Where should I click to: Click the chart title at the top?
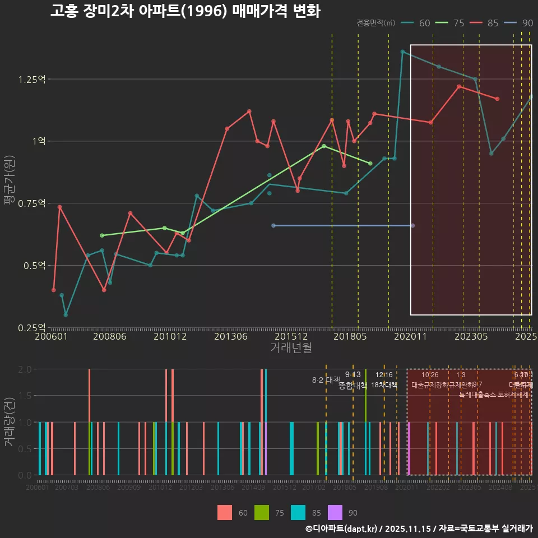click(185, 11)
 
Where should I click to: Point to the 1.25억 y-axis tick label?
click(31, 80)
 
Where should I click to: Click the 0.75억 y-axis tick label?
click(31, 203)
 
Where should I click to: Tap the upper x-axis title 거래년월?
click(291, 348)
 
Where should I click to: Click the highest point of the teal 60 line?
click(402, 52)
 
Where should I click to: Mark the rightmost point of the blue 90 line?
click(412, 225)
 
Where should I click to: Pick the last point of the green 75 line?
click(370, 163)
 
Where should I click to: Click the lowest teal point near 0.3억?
click(66, 315)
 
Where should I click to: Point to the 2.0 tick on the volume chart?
click(25, 369)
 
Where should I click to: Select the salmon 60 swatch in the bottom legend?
click(224, 512)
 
